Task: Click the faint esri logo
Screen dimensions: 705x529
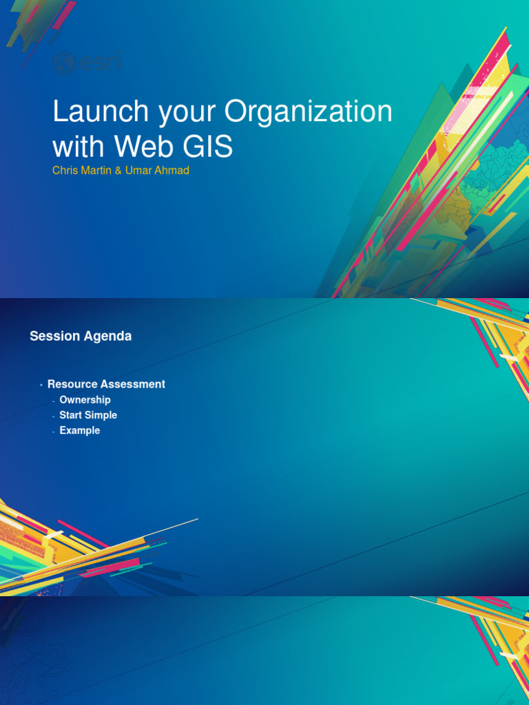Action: pyautogui.click(x=87, y=63)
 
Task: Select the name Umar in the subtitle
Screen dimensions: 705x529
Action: pyautogui.click(x=143, y=170)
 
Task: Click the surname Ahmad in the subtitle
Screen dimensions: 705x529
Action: pyautogui.click(x=174, y=170)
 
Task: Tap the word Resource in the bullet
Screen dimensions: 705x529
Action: pyautogui.click(x=72, y=384)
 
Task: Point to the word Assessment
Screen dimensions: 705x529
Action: pyautogui.click(x=132, y=384)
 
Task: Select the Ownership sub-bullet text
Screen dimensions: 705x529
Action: pyautogui.click(x=85, y=400)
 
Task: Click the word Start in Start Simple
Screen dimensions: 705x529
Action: pyautogui.click(x=70, y=415)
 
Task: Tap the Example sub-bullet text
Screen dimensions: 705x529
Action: pyautogui.click(x=80, y=430)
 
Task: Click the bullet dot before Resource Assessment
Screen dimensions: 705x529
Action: pyautogui.click(x=41, y=384)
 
